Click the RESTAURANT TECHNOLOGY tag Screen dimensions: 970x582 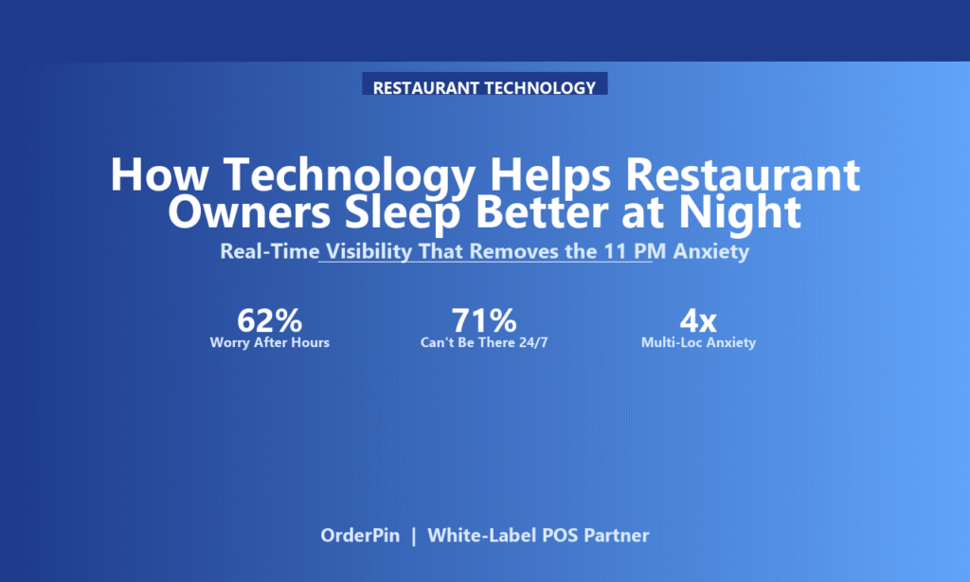click(x=484, y=85)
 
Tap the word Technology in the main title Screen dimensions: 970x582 click(x=350, y=176)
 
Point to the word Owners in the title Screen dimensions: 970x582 click(x=249, y=212)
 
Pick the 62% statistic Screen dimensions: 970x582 click(x=270, y=320)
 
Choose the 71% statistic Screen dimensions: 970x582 click(x=484, y=320)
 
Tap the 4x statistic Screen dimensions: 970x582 click(x=698, y=320)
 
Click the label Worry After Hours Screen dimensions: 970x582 click(x=270, y=342)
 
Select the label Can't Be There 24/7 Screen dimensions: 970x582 click(x=484, y=342)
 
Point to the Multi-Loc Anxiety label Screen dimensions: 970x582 click(x=698, y=343)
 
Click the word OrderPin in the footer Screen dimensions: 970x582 click(x=360, y=535)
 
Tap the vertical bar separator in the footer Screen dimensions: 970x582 click(x=414, y=536)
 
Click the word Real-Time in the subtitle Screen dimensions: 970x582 click(x=270, y=251)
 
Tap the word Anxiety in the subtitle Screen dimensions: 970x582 click(x=711, y=252)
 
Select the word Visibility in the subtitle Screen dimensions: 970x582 click(x=368, y=252)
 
